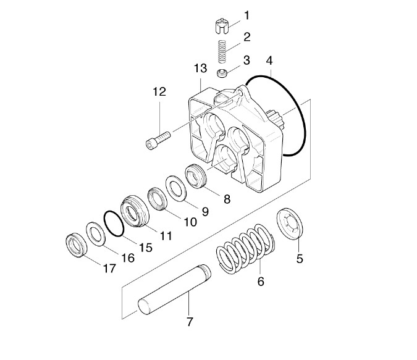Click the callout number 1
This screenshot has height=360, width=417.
[247, 15]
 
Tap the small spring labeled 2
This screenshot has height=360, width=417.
[222, 52]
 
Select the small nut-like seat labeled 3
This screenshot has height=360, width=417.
[222, 73]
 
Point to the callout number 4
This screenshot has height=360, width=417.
[269, 61]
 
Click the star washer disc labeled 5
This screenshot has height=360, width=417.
[290, 224]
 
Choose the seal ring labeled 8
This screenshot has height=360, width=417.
[195, 177]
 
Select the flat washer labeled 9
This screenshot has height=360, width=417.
[176, 188]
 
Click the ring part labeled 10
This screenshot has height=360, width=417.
[158, 199]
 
